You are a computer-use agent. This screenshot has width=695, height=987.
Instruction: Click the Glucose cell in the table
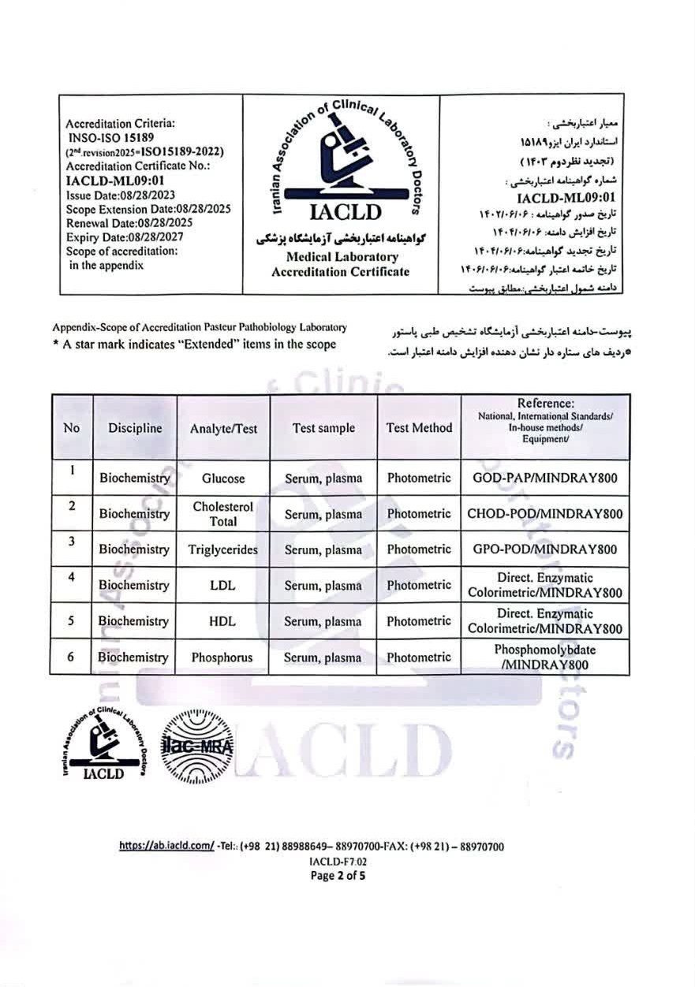[223, 479]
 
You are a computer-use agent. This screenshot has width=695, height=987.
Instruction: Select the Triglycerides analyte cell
[223, 549]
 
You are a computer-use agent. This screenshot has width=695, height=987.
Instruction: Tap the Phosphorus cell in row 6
[223, 657]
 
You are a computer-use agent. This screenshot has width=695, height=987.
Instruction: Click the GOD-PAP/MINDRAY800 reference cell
[544, 479]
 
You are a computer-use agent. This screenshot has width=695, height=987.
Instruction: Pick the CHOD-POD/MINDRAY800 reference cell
[544, 514]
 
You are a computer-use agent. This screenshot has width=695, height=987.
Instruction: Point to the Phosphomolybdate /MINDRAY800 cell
[544, 657]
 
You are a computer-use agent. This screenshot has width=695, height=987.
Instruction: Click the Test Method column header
[419, 428]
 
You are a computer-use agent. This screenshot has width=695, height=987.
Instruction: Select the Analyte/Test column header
[223, 429]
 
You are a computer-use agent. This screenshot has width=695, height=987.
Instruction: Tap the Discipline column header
[135, 428]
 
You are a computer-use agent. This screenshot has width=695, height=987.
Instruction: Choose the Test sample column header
[323, 428]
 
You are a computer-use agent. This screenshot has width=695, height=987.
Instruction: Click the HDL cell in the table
[223, 621]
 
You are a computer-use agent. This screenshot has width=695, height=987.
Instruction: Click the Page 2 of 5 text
[338, 874]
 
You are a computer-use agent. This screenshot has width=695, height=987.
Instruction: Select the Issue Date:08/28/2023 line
[121, 195]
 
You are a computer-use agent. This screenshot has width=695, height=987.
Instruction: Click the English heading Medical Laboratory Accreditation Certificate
[341, 264]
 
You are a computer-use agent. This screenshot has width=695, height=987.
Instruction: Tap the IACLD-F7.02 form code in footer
[338, 861]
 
